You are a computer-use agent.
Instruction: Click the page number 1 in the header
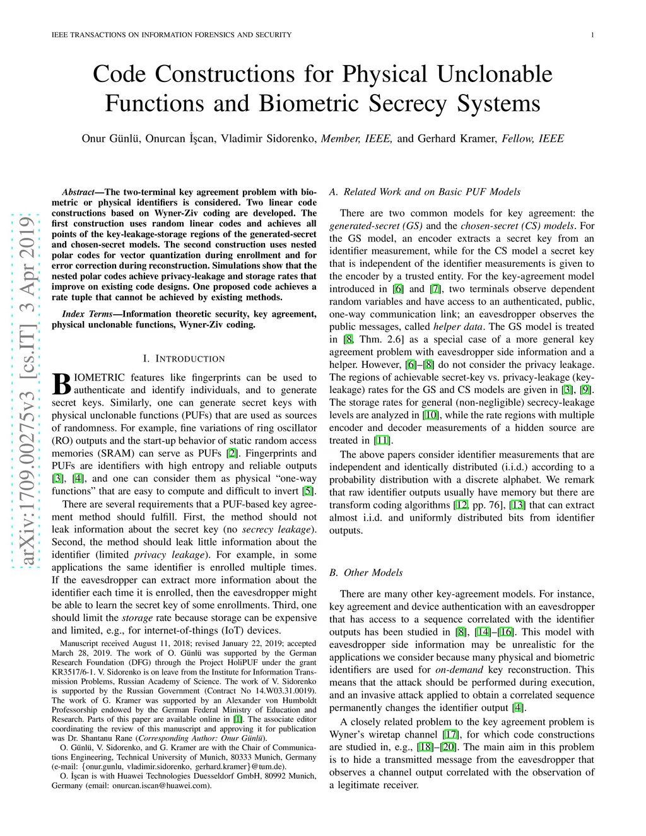coord(592,35)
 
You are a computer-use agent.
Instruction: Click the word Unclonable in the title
coord(494,74)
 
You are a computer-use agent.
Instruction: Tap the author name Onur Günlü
coord(110,139)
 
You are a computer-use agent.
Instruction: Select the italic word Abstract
coord(78,192)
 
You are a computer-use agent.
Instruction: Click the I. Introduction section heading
coord(184,358)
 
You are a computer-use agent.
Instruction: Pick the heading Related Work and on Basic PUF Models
coord(432,192)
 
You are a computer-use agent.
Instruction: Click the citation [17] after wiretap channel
coord(450,734)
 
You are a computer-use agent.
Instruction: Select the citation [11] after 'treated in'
coord(382,440)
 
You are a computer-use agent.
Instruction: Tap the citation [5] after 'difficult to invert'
coord(308,491)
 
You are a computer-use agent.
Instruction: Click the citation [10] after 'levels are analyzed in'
coord(431,415)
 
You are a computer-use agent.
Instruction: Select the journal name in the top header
coord(172,35)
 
